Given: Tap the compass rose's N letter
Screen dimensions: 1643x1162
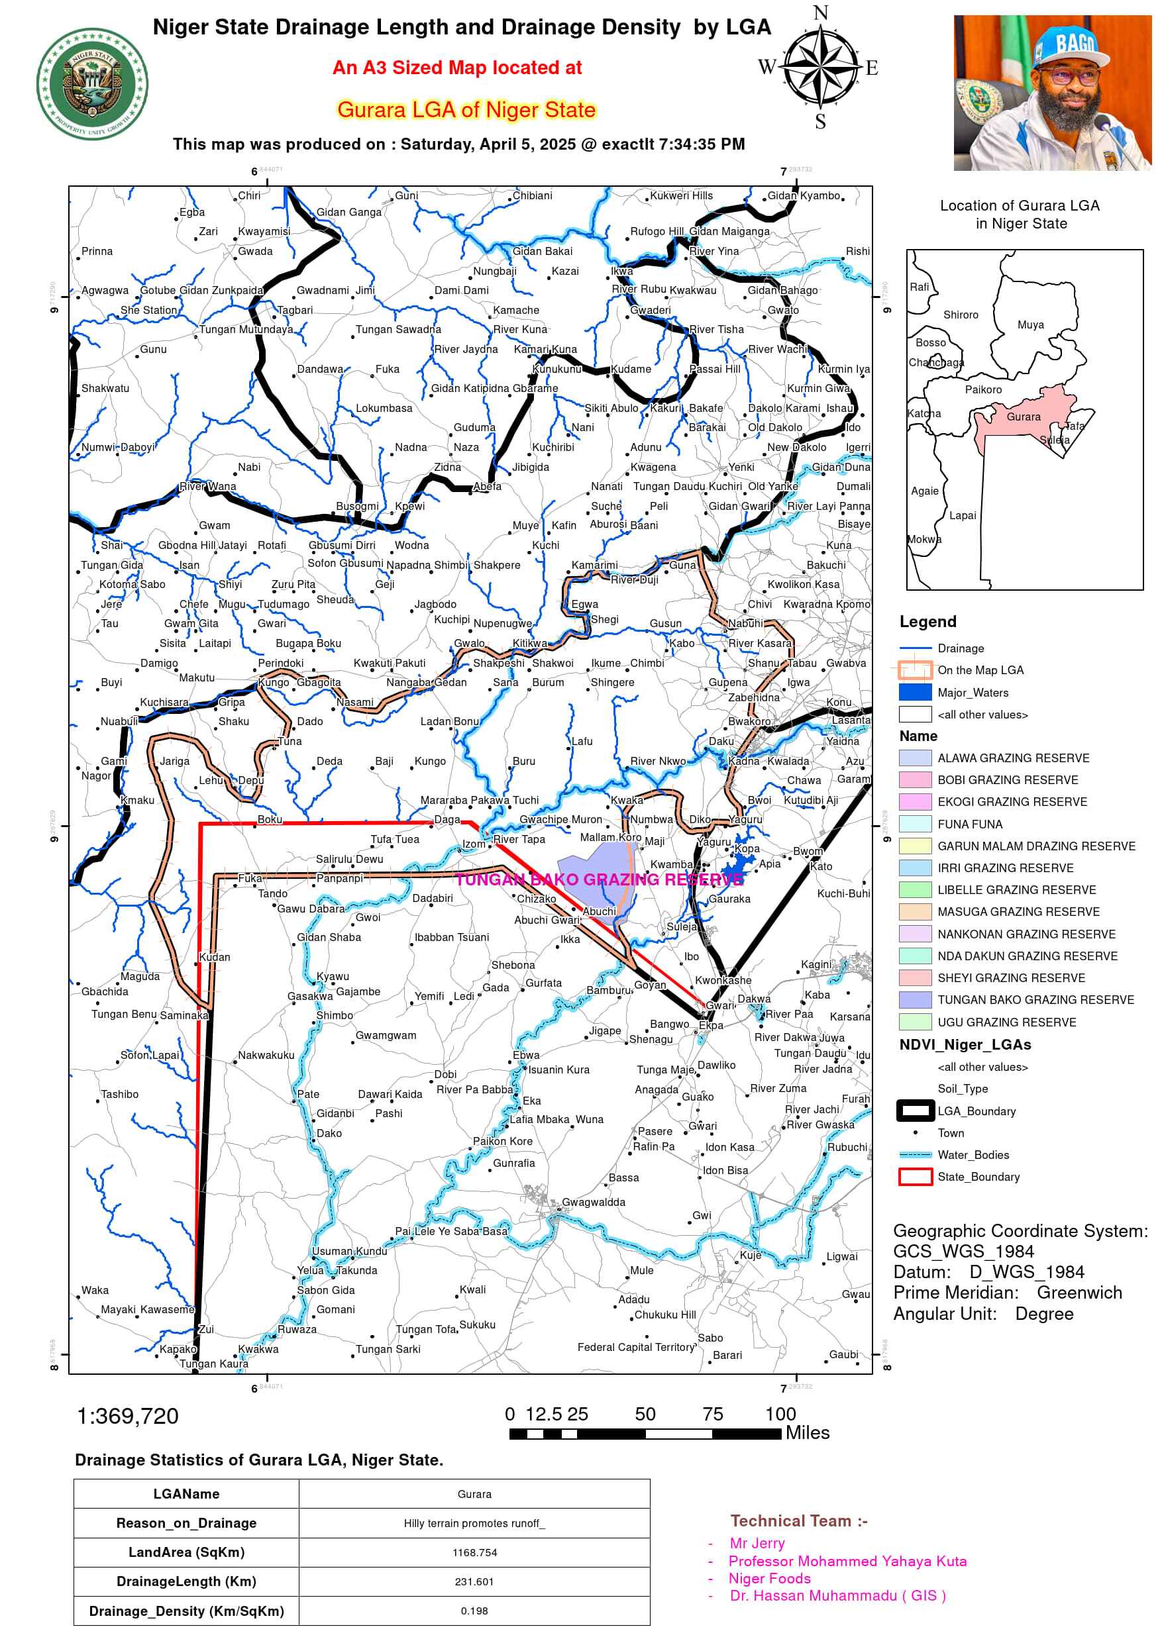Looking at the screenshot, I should pos(819,13).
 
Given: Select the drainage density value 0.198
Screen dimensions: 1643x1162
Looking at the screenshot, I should pos(474,1611).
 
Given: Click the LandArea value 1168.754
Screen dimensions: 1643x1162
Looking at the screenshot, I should pos(474,1552).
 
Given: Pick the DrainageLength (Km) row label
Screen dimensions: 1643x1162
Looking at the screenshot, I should pos(186,1581).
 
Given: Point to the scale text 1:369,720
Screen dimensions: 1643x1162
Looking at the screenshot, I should pos(127,1416).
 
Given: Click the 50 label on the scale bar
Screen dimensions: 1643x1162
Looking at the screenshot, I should pos(645,1414).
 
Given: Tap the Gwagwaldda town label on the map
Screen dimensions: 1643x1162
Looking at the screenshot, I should pos(593,1202).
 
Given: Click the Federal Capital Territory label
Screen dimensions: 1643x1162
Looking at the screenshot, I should pos(636,1347).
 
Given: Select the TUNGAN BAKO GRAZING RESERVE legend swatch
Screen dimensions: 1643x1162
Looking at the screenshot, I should pos(914,1000).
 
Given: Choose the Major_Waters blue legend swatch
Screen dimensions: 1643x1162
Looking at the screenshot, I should pos(914,692).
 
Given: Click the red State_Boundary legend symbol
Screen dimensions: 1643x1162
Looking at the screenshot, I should pos(914,1176).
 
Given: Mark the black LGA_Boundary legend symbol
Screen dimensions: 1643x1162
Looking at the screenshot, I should pos(914,1111).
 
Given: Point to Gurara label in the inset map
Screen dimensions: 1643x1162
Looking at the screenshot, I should pos(1023,417).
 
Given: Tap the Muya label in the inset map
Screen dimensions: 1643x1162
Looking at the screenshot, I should pos(1030,324).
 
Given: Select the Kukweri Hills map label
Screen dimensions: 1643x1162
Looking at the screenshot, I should pos(681,195).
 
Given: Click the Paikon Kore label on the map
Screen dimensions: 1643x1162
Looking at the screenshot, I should pos(502,1142).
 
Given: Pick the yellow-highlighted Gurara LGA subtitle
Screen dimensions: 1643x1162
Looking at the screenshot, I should pos(466,109).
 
